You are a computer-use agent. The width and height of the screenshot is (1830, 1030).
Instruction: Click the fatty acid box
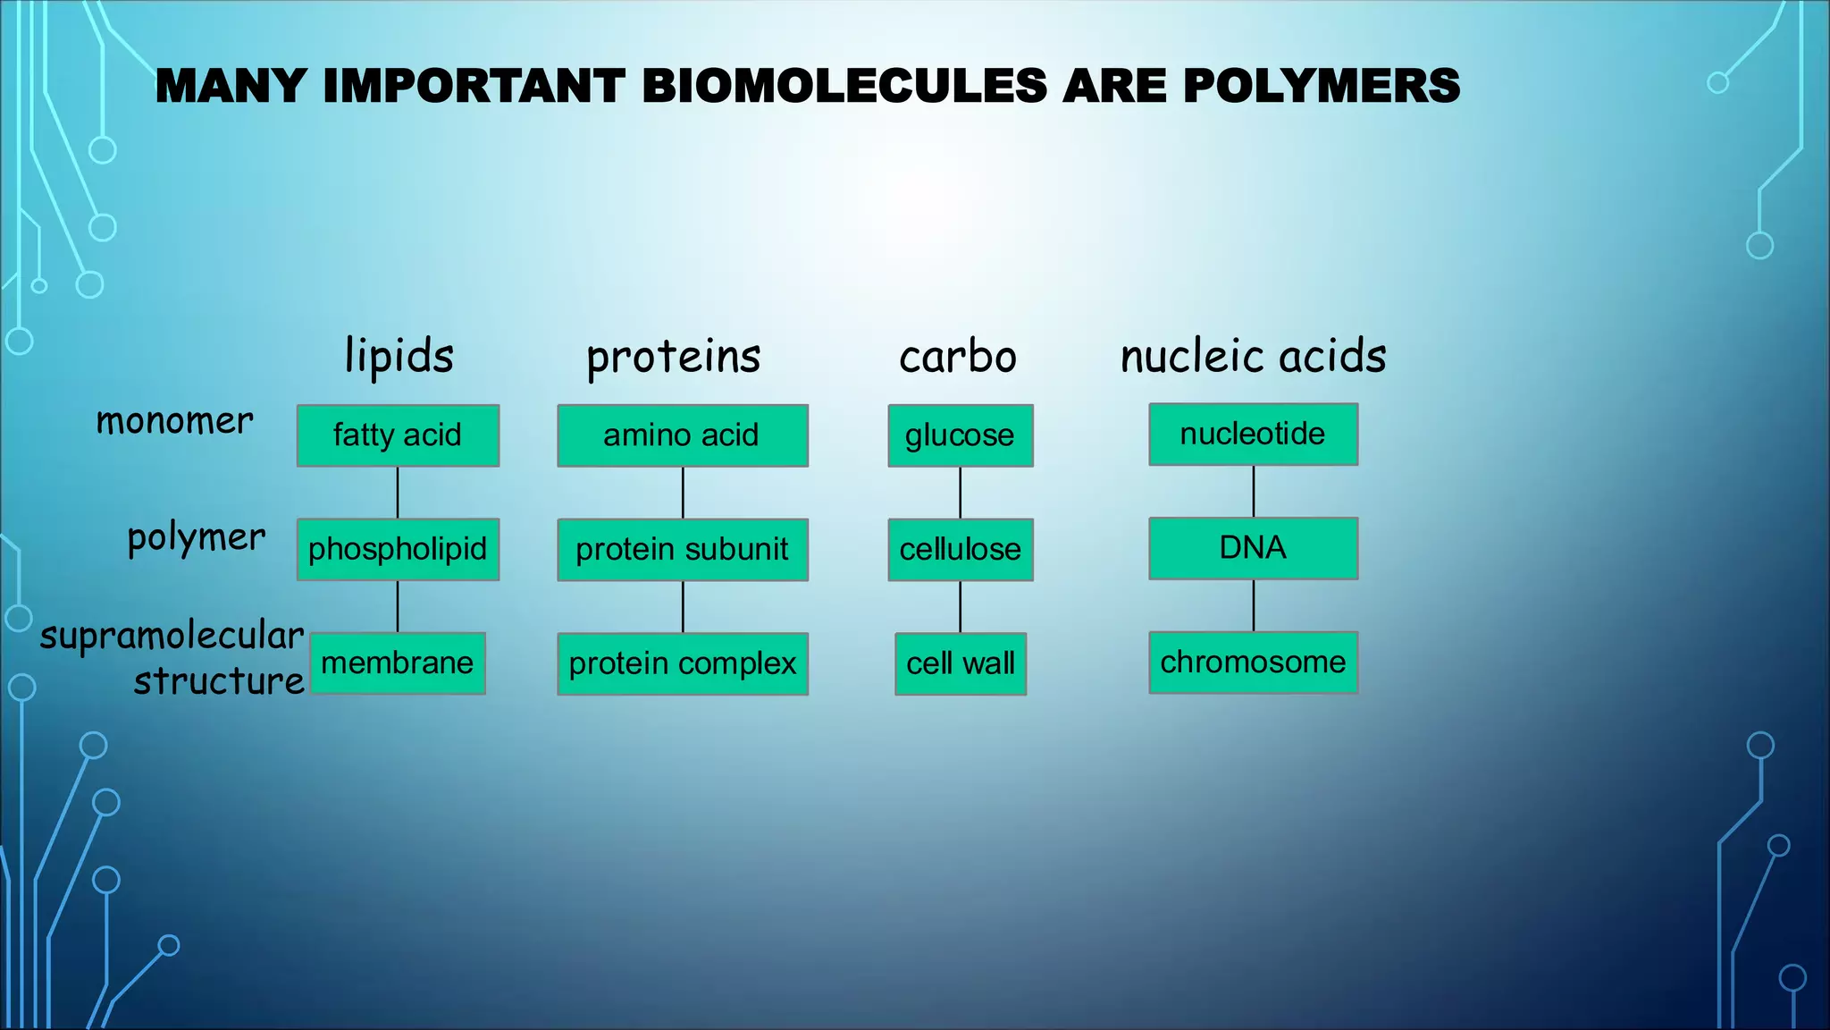click(x=398, y=435)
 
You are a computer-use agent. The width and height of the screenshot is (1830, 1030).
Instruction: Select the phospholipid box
click(x=398, y=549)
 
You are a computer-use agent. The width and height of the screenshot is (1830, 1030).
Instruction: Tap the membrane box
click(x=398, y=663)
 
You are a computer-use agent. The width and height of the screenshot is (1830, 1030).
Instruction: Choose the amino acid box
click(x=683, y=435)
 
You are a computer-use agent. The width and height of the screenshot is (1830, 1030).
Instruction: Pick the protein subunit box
click(x=683, y=549)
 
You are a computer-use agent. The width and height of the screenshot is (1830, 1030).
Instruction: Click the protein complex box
click(x=683, y=663)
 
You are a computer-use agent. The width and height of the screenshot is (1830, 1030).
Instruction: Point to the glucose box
click(x=960, y=435)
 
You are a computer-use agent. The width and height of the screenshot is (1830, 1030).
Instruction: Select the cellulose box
click(x=960, y=549)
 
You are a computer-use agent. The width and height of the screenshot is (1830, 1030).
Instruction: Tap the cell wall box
click(x=960, y=663)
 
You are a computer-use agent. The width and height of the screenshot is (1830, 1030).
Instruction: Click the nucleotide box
click(x=1253, y=434)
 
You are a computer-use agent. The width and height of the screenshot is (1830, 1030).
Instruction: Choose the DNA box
click(x=1253, y=547)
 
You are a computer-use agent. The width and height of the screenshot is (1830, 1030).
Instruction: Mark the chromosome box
click(x=1253, y=662)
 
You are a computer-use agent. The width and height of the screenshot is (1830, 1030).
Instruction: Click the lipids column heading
click(x=399, y=356)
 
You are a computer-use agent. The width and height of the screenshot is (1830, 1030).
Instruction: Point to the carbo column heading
click(x=958, y=357)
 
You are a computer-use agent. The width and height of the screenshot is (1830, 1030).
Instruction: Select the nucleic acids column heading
click(x=1253, y=356)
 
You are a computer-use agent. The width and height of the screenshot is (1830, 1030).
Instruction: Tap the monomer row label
click(x=174, y=420)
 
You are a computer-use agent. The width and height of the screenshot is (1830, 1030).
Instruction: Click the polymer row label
click(x=197, y=537)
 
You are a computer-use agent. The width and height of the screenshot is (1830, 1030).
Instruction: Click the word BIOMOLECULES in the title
click(x=844, y=87)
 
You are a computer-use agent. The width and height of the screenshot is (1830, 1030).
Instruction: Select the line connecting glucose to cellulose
click(x=961, y=493)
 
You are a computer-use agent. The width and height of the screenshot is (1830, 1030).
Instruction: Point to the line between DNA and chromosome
click(x=1254, y=605)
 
